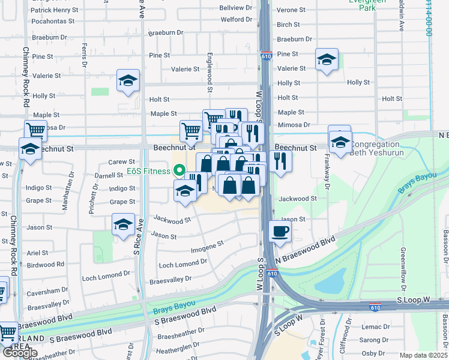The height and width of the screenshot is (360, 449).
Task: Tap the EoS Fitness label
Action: [x=148, y=171]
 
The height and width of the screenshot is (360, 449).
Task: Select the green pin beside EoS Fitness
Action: [x=178, y=171]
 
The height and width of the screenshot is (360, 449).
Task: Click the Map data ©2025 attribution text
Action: [x=423, y=355]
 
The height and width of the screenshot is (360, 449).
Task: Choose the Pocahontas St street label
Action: [x=53, y=20]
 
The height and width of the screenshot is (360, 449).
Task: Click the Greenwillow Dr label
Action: [x=403, y=265]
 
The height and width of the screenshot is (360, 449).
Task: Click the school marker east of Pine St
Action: [x=327, y=60]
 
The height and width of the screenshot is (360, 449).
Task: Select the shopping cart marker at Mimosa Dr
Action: [x=35, y=130]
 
